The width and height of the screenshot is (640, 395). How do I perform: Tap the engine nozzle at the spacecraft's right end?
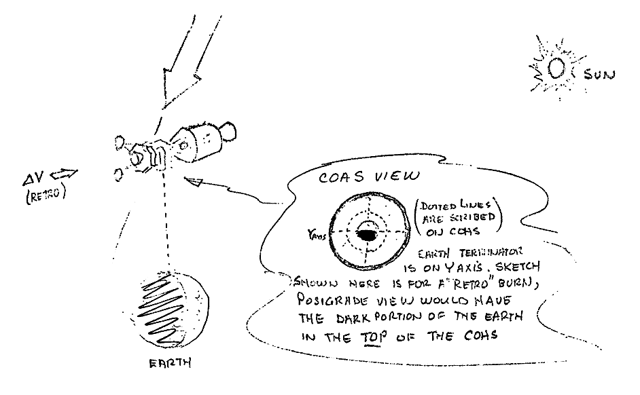click(x=229, y=130)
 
